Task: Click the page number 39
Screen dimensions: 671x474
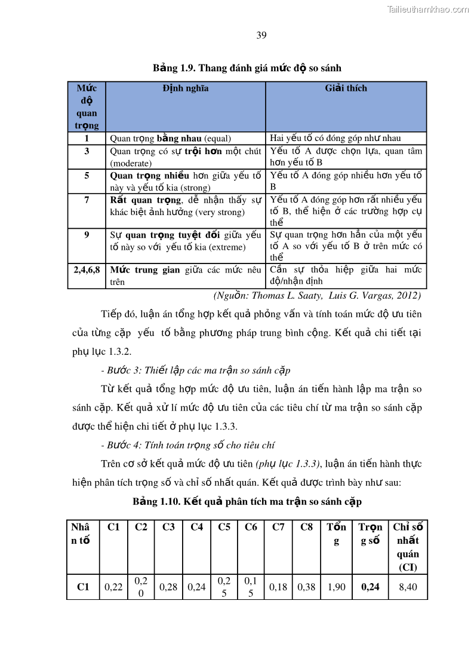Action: (261, 35)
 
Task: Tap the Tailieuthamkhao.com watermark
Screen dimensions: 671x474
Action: (428, 9)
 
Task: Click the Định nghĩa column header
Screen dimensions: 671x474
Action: (185, 88)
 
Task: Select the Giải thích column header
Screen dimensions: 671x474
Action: (346, 88)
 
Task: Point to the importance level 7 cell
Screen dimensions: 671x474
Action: (87, 200)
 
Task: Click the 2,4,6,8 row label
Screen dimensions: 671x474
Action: (87, 270)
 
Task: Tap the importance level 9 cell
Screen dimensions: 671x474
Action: (87, 235)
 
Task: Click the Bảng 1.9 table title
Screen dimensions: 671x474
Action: (247, 68)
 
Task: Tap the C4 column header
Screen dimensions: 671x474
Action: (196, 527)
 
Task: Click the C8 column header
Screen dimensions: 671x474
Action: (306, 527)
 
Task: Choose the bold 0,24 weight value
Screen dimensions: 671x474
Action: (370, 587)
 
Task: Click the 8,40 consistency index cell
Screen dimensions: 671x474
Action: (408, 587)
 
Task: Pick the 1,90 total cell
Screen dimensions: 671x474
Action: (336, 587)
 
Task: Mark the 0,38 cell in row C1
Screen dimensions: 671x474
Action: (306, 587)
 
